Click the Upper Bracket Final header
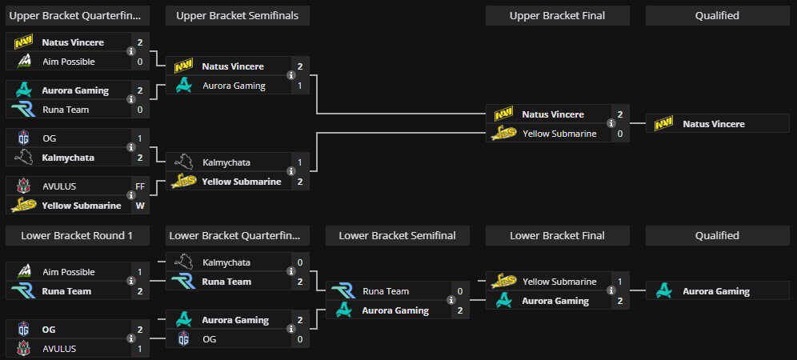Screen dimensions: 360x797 557,15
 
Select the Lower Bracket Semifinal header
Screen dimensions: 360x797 397,235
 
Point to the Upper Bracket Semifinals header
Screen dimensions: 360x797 237,15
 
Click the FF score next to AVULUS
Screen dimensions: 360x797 140,186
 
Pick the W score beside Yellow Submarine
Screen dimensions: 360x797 140,206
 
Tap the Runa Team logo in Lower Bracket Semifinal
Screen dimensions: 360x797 344,291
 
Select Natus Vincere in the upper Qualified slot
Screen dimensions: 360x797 714,124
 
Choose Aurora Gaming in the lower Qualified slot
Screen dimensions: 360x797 716,291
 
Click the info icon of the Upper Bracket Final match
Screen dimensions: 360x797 611,124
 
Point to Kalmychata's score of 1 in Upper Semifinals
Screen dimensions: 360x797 299,162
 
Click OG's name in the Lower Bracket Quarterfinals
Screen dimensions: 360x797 210,339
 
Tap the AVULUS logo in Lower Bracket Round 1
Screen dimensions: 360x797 23,349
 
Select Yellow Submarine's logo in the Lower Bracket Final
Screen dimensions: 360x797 504,282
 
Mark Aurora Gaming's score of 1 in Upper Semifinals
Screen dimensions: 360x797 299,86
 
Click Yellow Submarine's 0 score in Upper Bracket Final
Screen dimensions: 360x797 619,134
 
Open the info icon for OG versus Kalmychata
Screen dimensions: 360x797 131,148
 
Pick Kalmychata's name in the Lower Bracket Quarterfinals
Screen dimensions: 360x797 226,262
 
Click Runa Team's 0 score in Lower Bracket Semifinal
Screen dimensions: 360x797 459,291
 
